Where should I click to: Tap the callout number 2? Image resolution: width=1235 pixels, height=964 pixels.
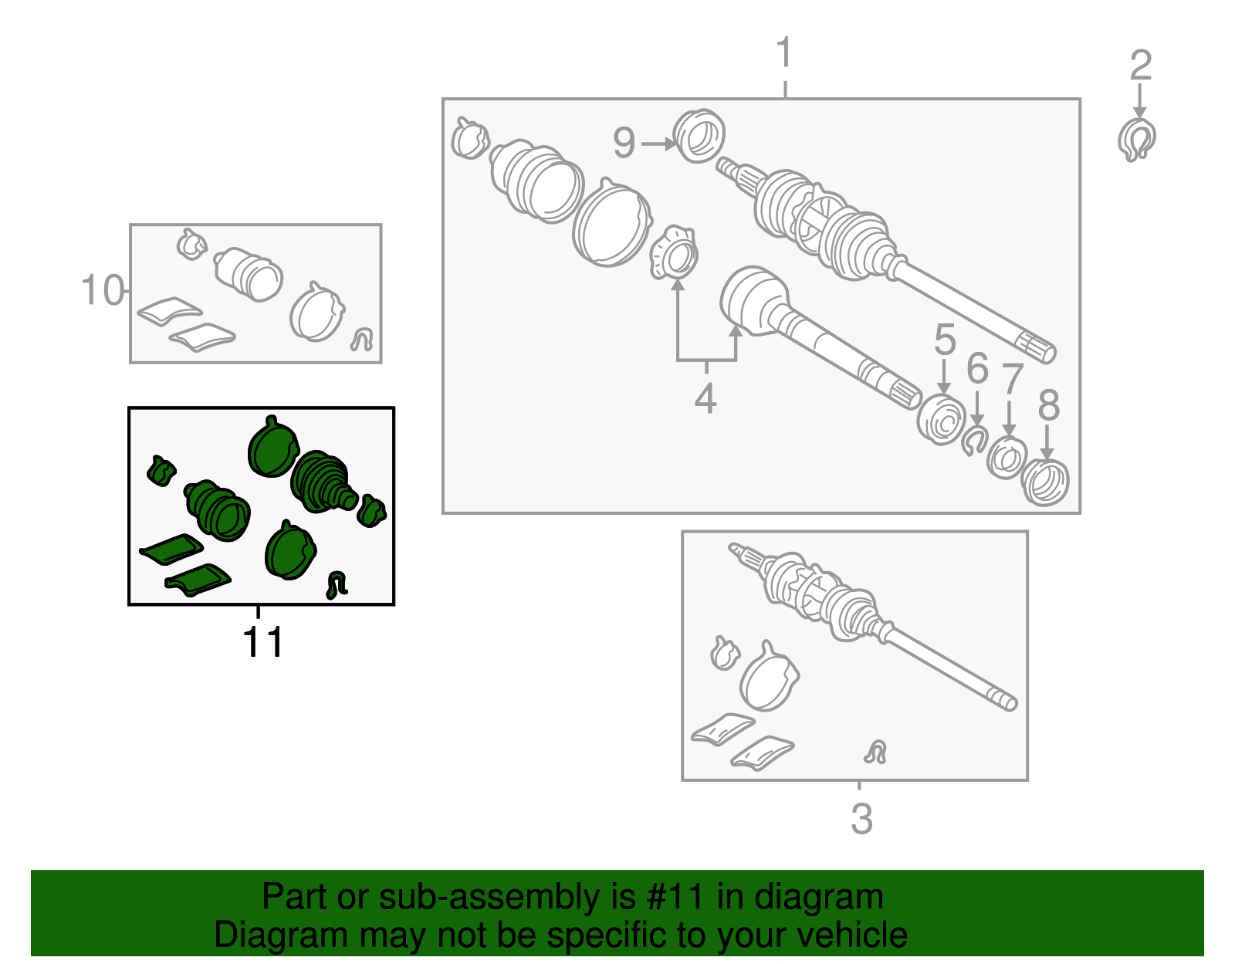(x=1141, y=65)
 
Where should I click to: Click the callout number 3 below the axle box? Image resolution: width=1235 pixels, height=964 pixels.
(x=861, y=819)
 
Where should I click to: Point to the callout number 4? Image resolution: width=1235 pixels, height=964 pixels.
(x=705, y=398)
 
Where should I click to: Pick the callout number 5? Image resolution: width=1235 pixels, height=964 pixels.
(x=945, y=339)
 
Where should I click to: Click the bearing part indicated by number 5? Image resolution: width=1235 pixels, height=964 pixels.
(x=941, y=421)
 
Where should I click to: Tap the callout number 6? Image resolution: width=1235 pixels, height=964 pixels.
(x=977, y=368)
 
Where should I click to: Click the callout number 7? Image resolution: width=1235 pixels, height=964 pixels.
(x=1012, y=379)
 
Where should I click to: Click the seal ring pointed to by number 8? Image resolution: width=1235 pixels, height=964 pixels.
(x=1044, y=482)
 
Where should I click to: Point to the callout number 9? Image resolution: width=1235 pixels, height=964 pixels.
(x=624, y=143)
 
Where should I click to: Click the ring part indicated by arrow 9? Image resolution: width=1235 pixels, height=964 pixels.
(x=699, y=136)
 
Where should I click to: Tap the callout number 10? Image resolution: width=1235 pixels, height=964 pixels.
(x=103, y=289)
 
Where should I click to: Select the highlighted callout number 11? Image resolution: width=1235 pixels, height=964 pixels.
(x=262, y=642)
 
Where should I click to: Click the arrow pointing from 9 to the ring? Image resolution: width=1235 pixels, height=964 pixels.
(x=659, y=144)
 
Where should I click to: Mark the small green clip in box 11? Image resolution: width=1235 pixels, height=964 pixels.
(x=336, y=585)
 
